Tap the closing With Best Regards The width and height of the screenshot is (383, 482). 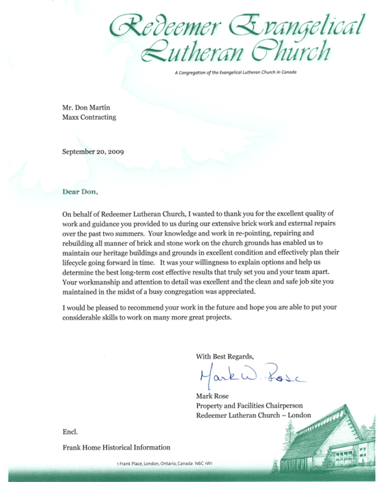click(x=225, y=356)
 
